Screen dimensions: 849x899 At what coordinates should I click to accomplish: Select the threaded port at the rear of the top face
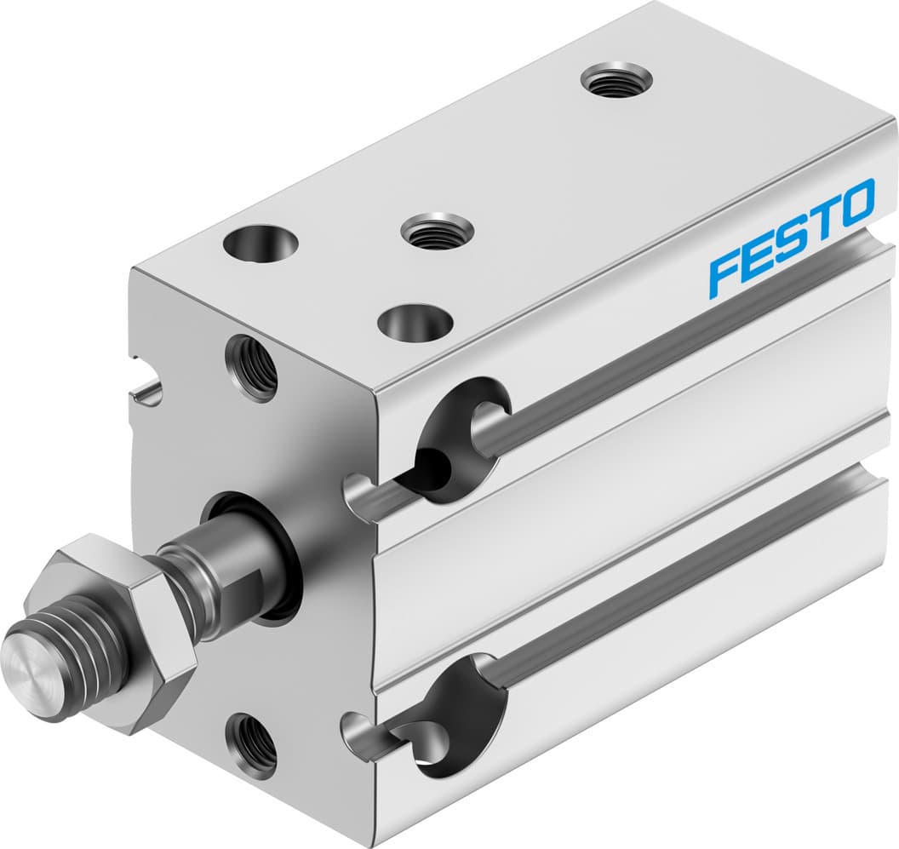pos(616,82)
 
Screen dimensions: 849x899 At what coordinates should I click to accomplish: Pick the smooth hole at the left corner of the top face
pos(261,244)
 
